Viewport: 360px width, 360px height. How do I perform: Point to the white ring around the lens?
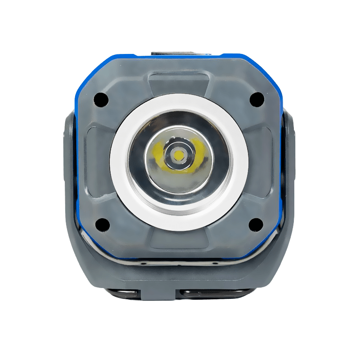coord(179,102)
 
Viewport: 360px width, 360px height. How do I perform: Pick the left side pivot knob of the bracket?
coord(72,135)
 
